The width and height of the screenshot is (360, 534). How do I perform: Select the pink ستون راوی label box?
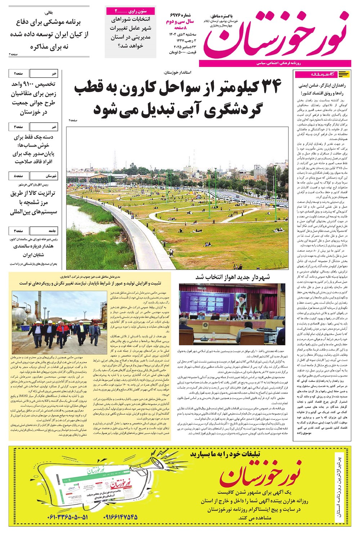[x=131, y=11]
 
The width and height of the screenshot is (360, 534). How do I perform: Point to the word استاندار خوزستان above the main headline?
[x=177, y=72]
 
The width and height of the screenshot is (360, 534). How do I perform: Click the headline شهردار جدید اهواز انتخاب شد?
[x=233, y=277]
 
